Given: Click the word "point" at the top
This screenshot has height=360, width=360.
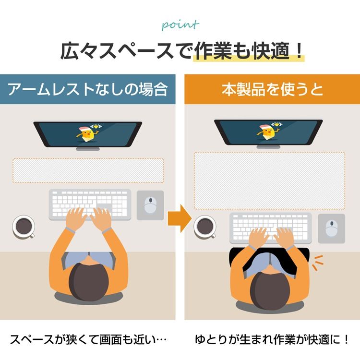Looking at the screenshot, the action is click(x=180, y=25).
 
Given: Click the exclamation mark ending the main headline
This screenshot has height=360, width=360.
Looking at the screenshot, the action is click(x=299, y=51).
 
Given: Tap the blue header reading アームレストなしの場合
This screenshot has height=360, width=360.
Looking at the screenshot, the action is click(x=88, y=89).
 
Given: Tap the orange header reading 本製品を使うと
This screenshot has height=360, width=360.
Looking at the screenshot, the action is click(x=272, y=89).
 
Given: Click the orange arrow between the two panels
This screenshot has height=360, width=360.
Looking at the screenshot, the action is click(x=180, y=218).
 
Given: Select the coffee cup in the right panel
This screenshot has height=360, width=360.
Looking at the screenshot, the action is click(x=205, y=227).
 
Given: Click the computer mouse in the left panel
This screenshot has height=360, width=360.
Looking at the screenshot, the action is click(x=150, y=205).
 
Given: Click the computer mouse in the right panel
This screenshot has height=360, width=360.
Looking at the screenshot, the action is click(x=332, y=228).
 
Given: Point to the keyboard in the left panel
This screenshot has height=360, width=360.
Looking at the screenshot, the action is click(x=90, y=204).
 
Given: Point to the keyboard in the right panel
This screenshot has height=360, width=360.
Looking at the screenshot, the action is click(x=271, y=228).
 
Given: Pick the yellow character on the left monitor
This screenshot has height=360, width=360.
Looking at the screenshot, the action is click(x=88, y=133).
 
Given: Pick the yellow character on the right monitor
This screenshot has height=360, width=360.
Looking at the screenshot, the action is click(x=269, y=132).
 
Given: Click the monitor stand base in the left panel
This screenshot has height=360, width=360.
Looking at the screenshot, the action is click(x=88, y=149).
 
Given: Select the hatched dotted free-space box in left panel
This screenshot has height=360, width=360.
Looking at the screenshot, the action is click(x=88, y=170).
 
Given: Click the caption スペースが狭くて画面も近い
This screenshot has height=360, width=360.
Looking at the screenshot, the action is click(x=88, y=339).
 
